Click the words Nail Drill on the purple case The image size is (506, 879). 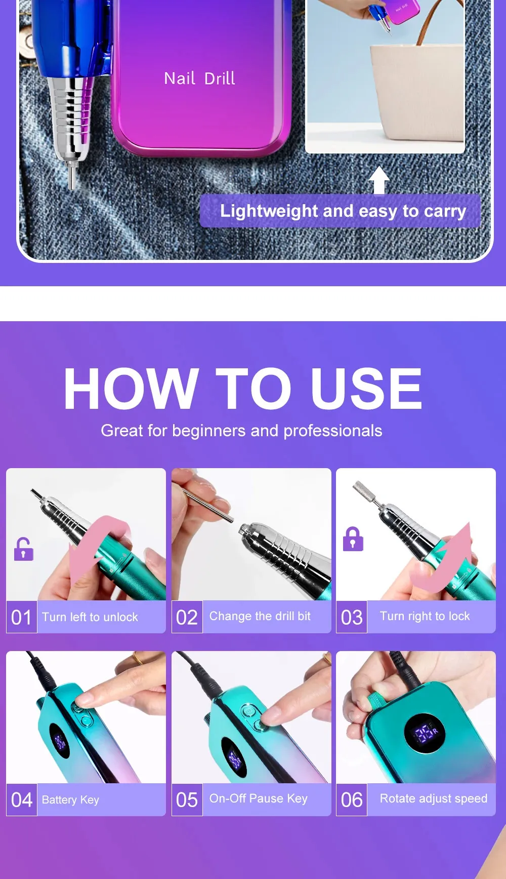tap(199, 79)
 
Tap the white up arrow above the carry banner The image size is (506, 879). tap(379, 180)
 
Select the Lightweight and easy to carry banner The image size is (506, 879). tap(340, 211)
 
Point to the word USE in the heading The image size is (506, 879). tap(366, 389)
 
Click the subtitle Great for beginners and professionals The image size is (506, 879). tap(241, 431)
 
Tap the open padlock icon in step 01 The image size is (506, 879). tap(24, 549)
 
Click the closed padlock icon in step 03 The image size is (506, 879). tap(353, 539)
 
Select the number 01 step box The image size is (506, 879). tap(22, 617)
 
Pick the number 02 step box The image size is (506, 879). tap(187, 617)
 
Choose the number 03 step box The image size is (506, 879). tap(352, 617)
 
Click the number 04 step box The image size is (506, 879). tap(22, 800)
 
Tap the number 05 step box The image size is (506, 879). tap(187, 800)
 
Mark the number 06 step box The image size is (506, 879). tap(352, 800)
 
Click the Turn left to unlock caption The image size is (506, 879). tap(90, 617)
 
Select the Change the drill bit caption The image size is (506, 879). tap(260, 616)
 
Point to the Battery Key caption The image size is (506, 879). tap(70, 800)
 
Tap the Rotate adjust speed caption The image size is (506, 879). tap(434, 798)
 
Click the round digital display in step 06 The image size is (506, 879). tap(425, 733)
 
